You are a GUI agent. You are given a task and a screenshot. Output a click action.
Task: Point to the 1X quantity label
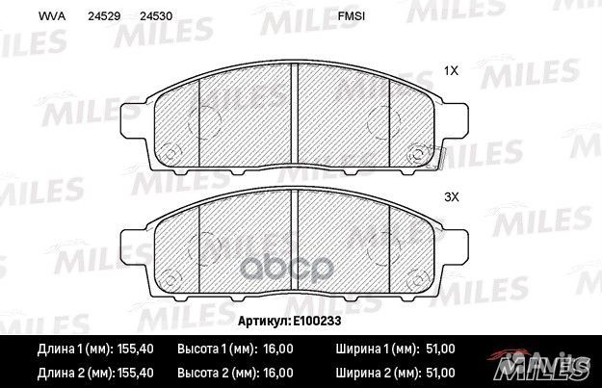pos(450,71)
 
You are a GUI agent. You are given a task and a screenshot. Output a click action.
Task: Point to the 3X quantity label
pos(450,196)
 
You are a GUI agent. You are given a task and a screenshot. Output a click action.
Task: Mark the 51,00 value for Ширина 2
pos(440,372)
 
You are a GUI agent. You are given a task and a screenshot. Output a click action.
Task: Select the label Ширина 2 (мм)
pos(376,372)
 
